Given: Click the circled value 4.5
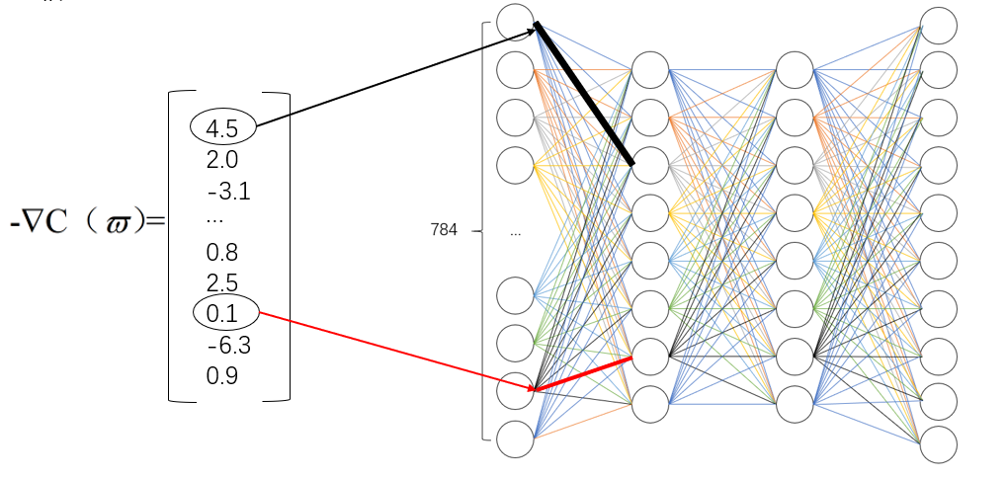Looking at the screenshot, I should [x=223, y=127].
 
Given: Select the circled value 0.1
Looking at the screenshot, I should [x=224, y=314].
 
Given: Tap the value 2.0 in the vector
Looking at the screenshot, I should [x=222, y=160].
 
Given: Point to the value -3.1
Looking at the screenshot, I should [x=227, y=190].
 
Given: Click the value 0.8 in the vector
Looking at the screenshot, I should [x=222, y=252].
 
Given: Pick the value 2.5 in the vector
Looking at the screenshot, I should [x=222, y=282].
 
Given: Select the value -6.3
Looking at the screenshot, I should [x=227, y=346].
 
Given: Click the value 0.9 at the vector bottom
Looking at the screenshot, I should [x=222, y=376].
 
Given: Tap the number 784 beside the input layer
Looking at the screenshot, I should [x=444, y=230].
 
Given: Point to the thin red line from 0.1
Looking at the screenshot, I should [x=395, y=352].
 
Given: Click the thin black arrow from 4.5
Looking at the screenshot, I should [x=395, y=74].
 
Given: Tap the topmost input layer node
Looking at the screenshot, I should [x=516, y=22].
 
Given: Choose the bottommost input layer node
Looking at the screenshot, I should [x=516, y=438].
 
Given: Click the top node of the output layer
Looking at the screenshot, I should [x=938, y=25].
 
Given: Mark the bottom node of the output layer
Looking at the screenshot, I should [x=938, y=444].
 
